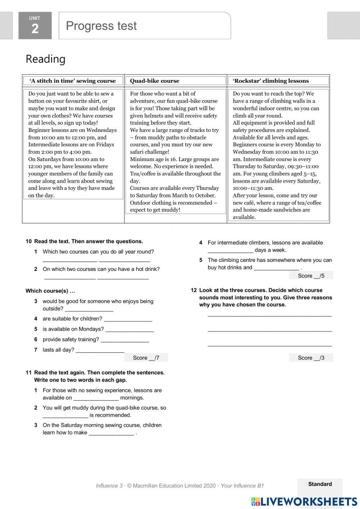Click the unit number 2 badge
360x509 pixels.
coord(35,26)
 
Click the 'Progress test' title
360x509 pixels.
coord(101,26)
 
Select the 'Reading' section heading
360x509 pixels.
coord(45,59)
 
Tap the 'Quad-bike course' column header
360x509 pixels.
coord(154,81)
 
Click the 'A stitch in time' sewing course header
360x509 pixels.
coord(73,81)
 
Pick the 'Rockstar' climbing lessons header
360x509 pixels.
coord(271,81)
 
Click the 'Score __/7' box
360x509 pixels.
coord(146,358)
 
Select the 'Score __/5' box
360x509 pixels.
coord(311,276)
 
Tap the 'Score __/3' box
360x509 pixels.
coord(311,358)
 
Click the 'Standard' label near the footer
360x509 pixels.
coord(320,484)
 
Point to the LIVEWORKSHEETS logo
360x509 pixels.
coord(304,501)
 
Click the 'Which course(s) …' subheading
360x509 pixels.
coord(50,291)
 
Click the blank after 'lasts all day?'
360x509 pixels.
coord(100,350)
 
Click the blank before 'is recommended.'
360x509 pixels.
coord(65,416)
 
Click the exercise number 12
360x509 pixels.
coord(194,290)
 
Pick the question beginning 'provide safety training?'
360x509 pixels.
coord(71,339)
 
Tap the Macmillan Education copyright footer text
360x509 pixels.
coord(180,486)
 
